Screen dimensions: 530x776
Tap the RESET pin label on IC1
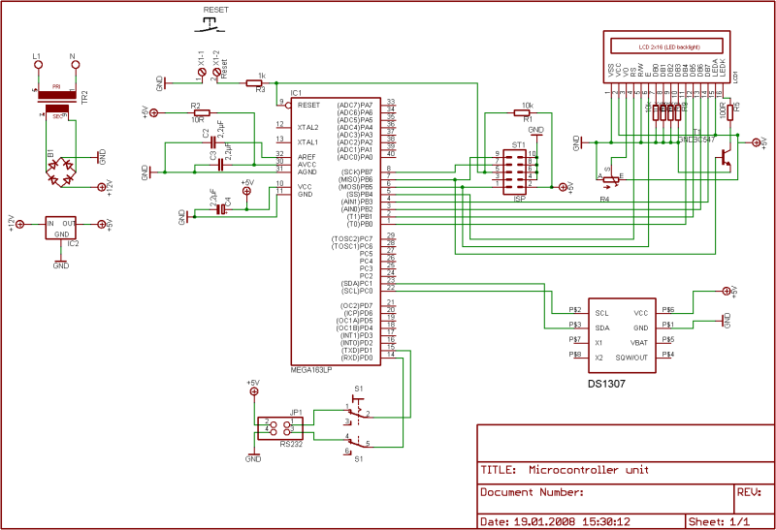308,105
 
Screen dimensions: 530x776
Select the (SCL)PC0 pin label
355,291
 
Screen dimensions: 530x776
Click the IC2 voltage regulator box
61,228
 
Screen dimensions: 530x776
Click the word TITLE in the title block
499,470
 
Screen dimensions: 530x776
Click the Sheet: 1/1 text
718,520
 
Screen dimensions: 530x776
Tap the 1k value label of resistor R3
261,75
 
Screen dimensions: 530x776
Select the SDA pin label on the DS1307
601,327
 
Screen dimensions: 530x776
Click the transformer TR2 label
84,97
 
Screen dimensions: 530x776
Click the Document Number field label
532,493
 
